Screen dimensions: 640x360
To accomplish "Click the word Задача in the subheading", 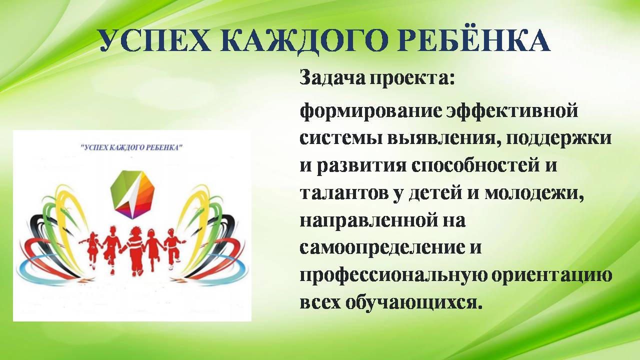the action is (x=332, y=77).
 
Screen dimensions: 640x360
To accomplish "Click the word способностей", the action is (x=479, y=166).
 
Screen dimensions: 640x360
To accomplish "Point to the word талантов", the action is (x=344, y=193).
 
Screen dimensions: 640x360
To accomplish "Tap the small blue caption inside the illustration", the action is (x=132, y=147).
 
